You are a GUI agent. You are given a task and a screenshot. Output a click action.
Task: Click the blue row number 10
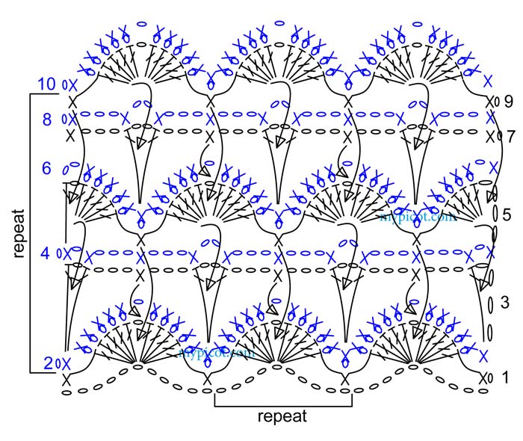(x=46, y=84)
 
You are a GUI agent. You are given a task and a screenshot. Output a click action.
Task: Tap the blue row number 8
(x=47, y=119)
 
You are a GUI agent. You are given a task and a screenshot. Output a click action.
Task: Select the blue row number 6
(x=46, y=169)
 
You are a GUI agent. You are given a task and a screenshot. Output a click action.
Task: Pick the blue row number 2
(x=49, y=364)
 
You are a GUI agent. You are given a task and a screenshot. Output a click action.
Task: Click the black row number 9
(x=507, y=101)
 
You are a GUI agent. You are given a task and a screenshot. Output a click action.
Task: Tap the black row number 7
(x=510, y=137)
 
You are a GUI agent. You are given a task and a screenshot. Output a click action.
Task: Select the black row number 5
(x=506, y=215)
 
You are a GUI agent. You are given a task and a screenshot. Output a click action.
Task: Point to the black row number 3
(x=504, y=303)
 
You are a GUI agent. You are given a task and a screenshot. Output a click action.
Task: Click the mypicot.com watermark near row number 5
(x=418, y=218)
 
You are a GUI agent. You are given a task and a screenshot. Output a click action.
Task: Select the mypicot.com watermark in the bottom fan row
(x=217, y=351)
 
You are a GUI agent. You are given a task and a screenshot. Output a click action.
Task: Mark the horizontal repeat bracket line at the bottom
(x=283, y=407)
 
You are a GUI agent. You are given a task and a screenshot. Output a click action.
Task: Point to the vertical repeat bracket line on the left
(x=31, y=232)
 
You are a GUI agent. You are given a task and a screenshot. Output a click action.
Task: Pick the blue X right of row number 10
(x=72, y=84)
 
